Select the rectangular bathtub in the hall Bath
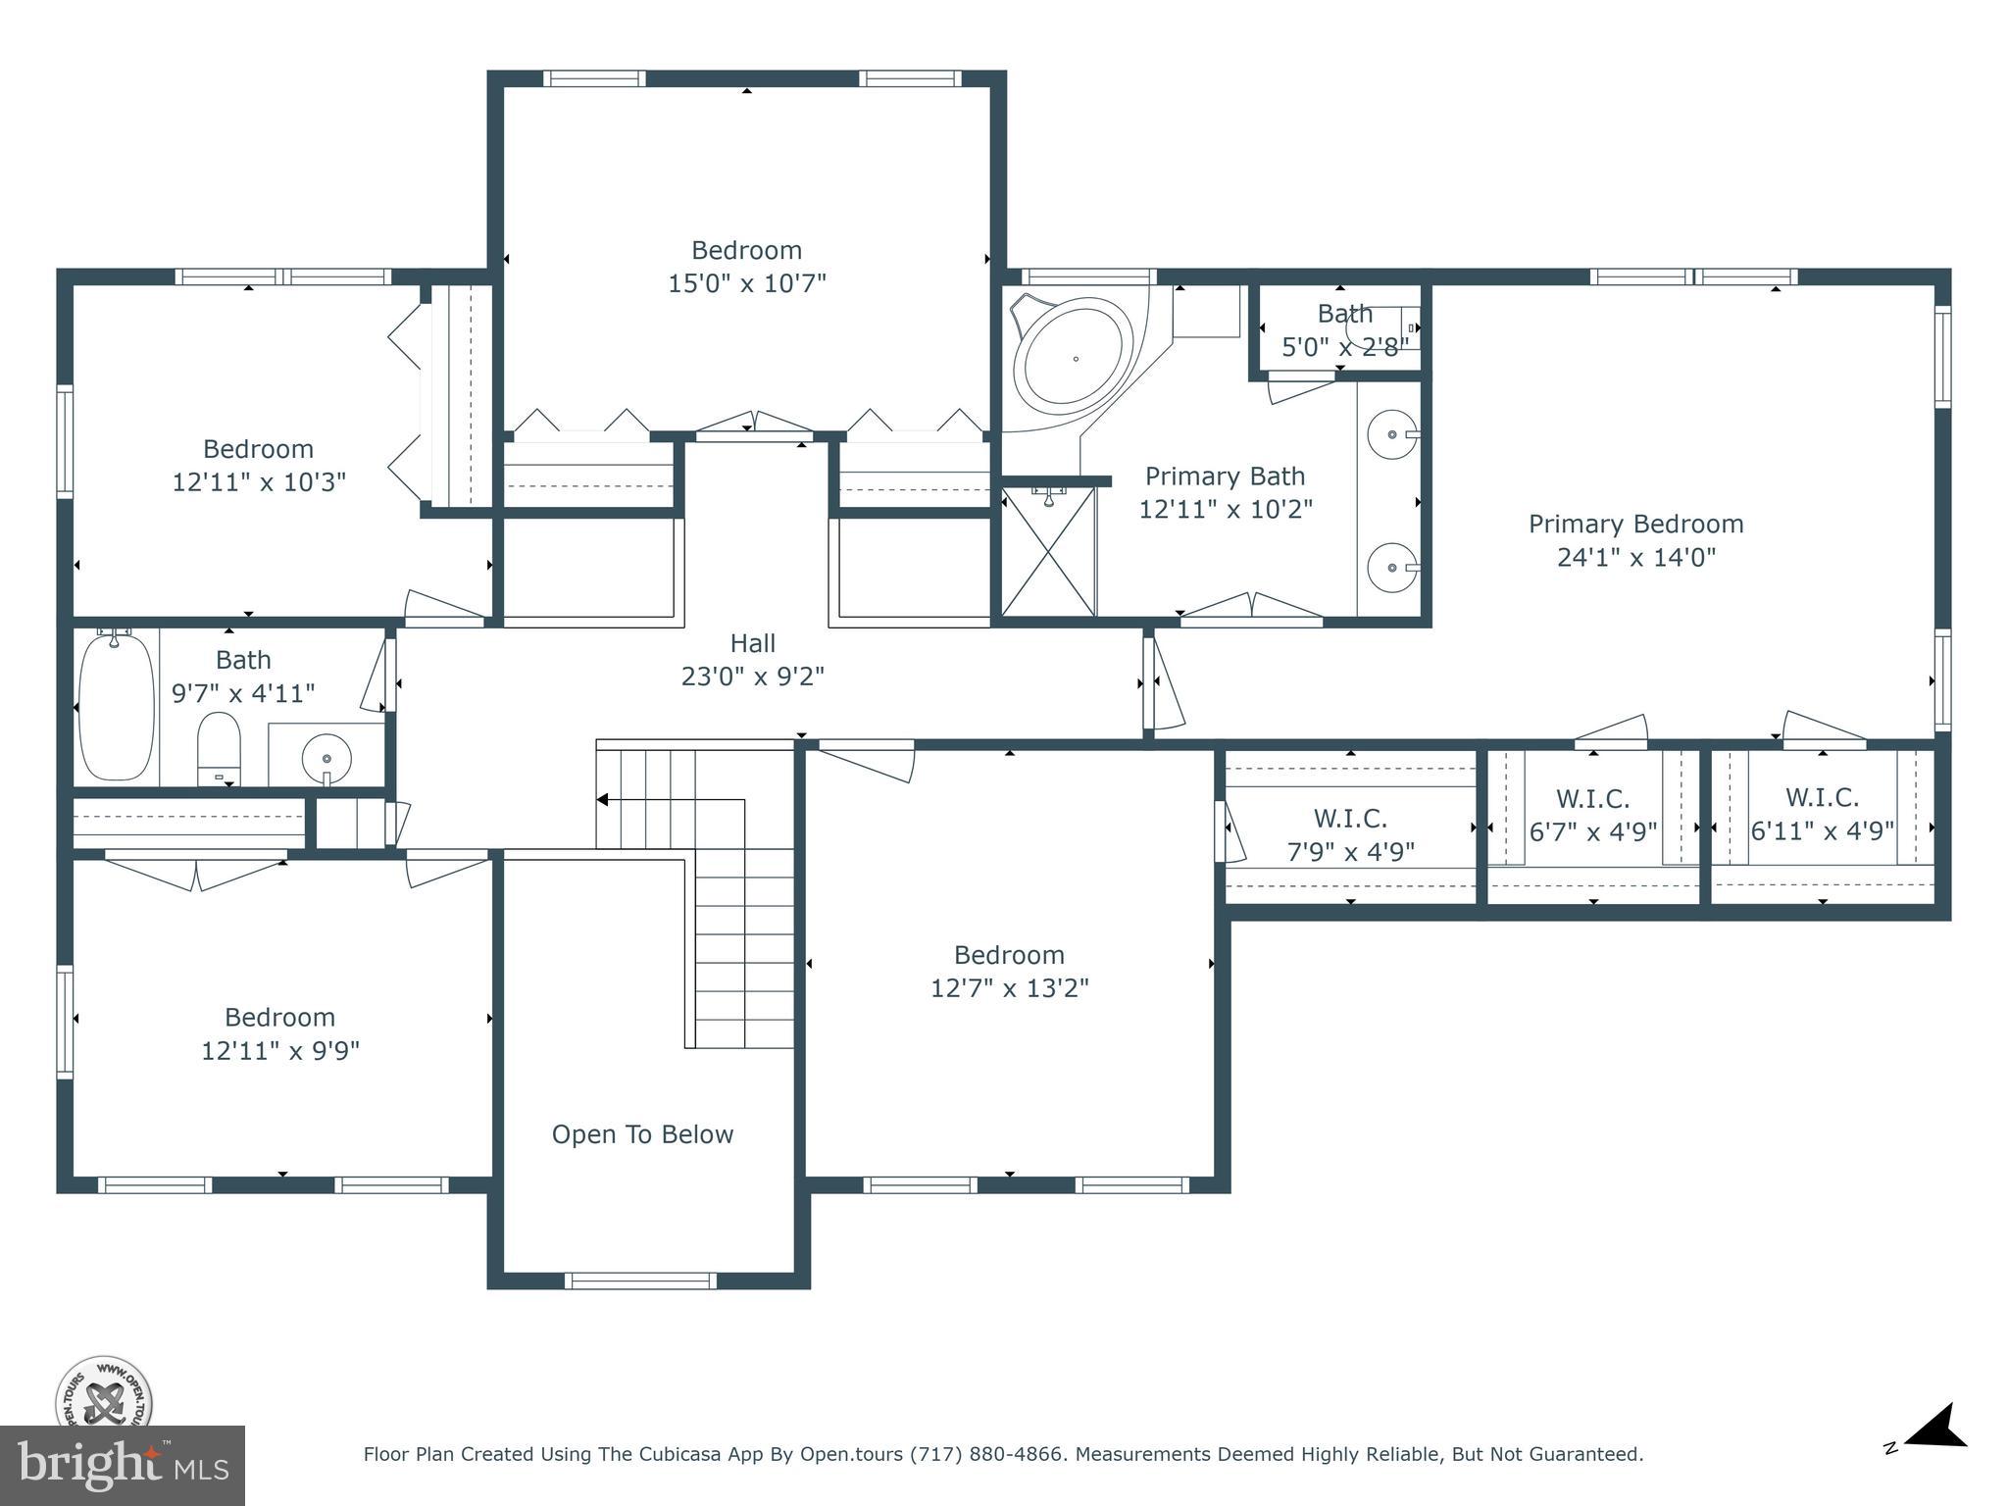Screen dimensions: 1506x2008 [x=116, y=705]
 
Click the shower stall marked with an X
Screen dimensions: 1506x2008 [x=1047, y=552]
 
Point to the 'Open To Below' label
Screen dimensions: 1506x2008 [x=642, y=1134]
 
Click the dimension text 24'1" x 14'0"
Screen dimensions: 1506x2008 [x=1635, y=557]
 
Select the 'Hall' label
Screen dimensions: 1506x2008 [x=752, y=643]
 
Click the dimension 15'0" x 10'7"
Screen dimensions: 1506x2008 [x=746, y=283]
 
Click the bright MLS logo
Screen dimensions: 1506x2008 [x=123, y=1465]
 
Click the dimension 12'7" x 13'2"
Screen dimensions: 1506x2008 [x=1009, y=987]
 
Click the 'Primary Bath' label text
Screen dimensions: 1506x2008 [x=1225, y=477]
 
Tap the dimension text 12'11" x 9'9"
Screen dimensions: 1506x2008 [x=279, y=1050]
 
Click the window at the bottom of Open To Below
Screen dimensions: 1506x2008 [x=640, y=1280]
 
